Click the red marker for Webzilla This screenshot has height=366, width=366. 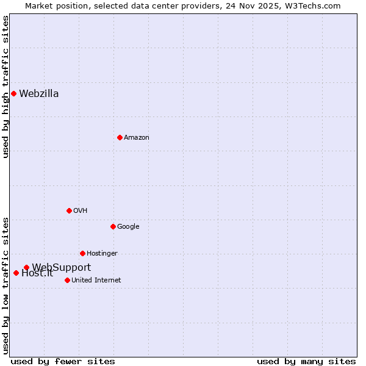[13, 93]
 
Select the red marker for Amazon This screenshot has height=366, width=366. [120, 137]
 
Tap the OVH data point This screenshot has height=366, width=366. [69, 210]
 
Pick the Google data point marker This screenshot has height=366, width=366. [113, 226]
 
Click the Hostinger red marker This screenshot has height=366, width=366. [82, 253]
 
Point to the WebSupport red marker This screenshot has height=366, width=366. [26, 267]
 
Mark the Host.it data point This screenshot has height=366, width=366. [16, 273]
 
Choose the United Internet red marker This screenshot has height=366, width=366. [67, 280]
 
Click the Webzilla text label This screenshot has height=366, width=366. [39, 94]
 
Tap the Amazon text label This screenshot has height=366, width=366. [137, 138]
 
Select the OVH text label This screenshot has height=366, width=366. [81, 211]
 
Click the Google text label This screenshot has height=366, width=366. [128, 227]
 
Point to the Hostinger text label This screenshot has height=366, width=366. [102, 254]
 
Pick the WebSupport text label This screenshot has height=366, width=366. [62, 267]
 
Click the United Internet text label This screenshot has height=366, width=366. [96, 281]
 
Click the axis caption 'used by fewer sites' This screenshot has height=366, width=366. [63, 361]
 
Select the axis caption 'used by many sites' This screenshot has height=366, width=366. [306, 361]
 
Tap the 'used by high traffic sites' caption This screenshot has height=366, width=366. [6, 87]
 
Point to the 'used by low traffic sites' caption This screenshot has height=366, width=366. [6, 285]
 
